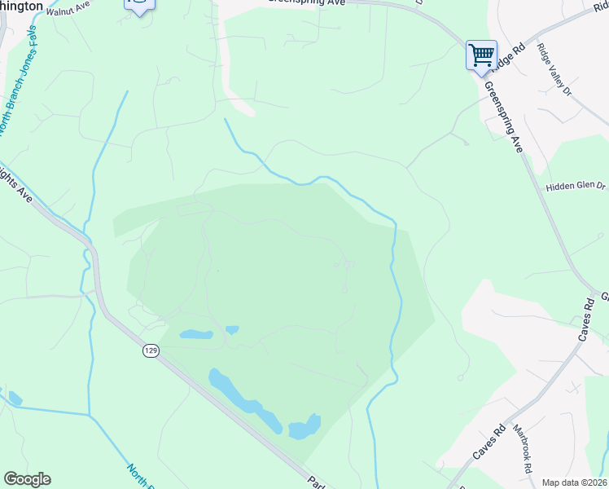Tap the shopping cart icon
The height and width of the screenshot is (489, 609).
tap(481, 55)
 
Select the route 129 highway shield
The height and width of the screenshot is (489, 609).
tap(150, 350)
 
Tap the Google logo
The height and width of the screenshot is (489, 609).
tap(27, 479)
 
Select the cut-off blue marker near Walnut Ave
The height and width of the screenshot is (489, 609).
tap(139, 6)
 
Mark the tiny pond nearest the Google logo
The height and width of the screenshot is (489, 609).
tap(14, 399)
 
